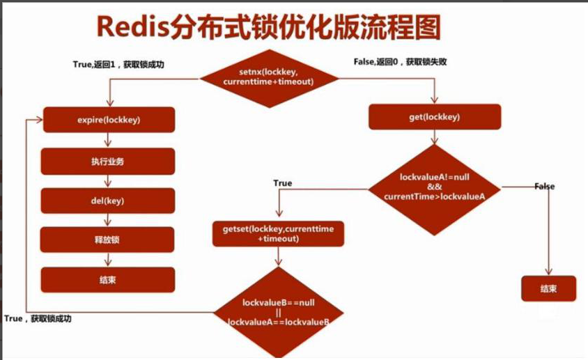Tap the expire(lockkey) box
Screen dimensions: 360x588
[x=109, y=120]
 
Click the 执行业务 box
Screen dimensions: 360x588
[x=108, y=161]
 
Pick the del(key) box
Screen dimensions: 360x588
[x=108, y=201]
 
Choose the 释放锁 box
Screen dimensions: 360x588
[x=108, y=240]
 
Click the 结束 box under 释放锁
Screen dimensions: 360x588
[x=108, y=280]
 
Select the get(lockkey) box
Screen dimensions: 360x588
[x=434, y=117]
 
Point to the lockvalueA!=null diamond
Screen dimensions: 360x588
[x=435, y=187]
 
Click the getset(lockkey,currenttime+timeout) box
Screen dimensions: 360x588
[x=278, y=233]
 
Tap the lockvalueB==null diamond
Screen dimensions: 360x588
[x=279, y=312]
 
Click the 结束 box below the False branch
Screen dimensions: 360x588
[x=548, y=289]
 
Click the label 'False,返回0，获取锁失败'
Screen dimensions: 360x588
[x=401, y=62]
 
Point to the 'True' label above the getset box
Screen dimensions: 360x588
[x=283, y=183]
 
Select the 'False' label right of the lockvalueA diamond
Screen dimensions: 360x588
[x=545, y=187]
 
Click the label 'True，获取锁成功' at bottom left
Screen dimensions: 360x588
[x=38, y=318]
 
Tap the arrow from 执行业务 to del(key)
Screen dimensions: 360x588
[x=108, y=181]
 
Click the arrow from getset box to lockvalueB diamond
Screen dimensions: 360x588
[x=279, y=256]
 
